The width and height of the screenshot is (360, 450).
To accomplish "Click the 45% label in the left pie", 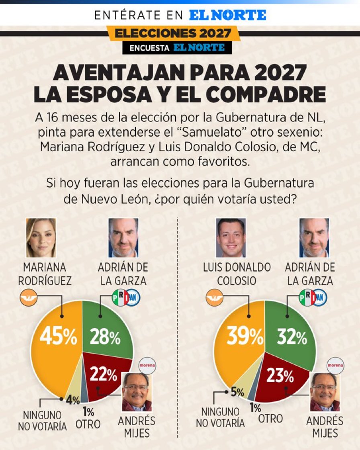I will (58, 337).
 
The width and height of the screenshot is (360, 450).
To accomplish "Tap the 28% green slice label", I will (105, 337).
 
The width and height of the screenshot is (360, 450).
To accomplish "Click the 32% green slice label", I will (292, 338).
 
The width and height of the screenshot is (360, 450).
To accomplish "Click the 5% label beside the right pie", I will (237, 392).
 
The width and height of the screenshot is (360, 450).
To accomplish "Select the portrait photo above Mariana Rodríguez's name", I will (41, 238).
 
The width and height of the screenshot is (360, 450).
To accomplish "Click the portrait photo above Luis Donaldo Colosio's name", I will (231, 238).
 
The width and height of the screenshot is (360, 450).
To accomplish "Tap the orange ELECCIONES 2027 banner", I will (173, 33).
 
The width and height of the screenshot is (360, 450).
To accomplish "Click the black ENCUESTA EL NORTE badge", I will (177, 48).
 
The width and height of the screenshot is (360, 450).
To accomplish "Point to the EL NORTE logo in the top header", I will (227, 15).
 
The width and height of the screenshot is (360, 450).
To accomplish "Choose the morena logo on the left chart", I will (147, 366).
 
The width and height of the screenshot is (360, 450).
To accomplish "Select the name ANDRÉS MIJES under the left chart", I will (136, 427).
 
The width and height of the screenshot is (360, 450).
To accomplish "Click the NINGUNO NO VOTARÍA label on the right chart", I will (220, 417).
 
